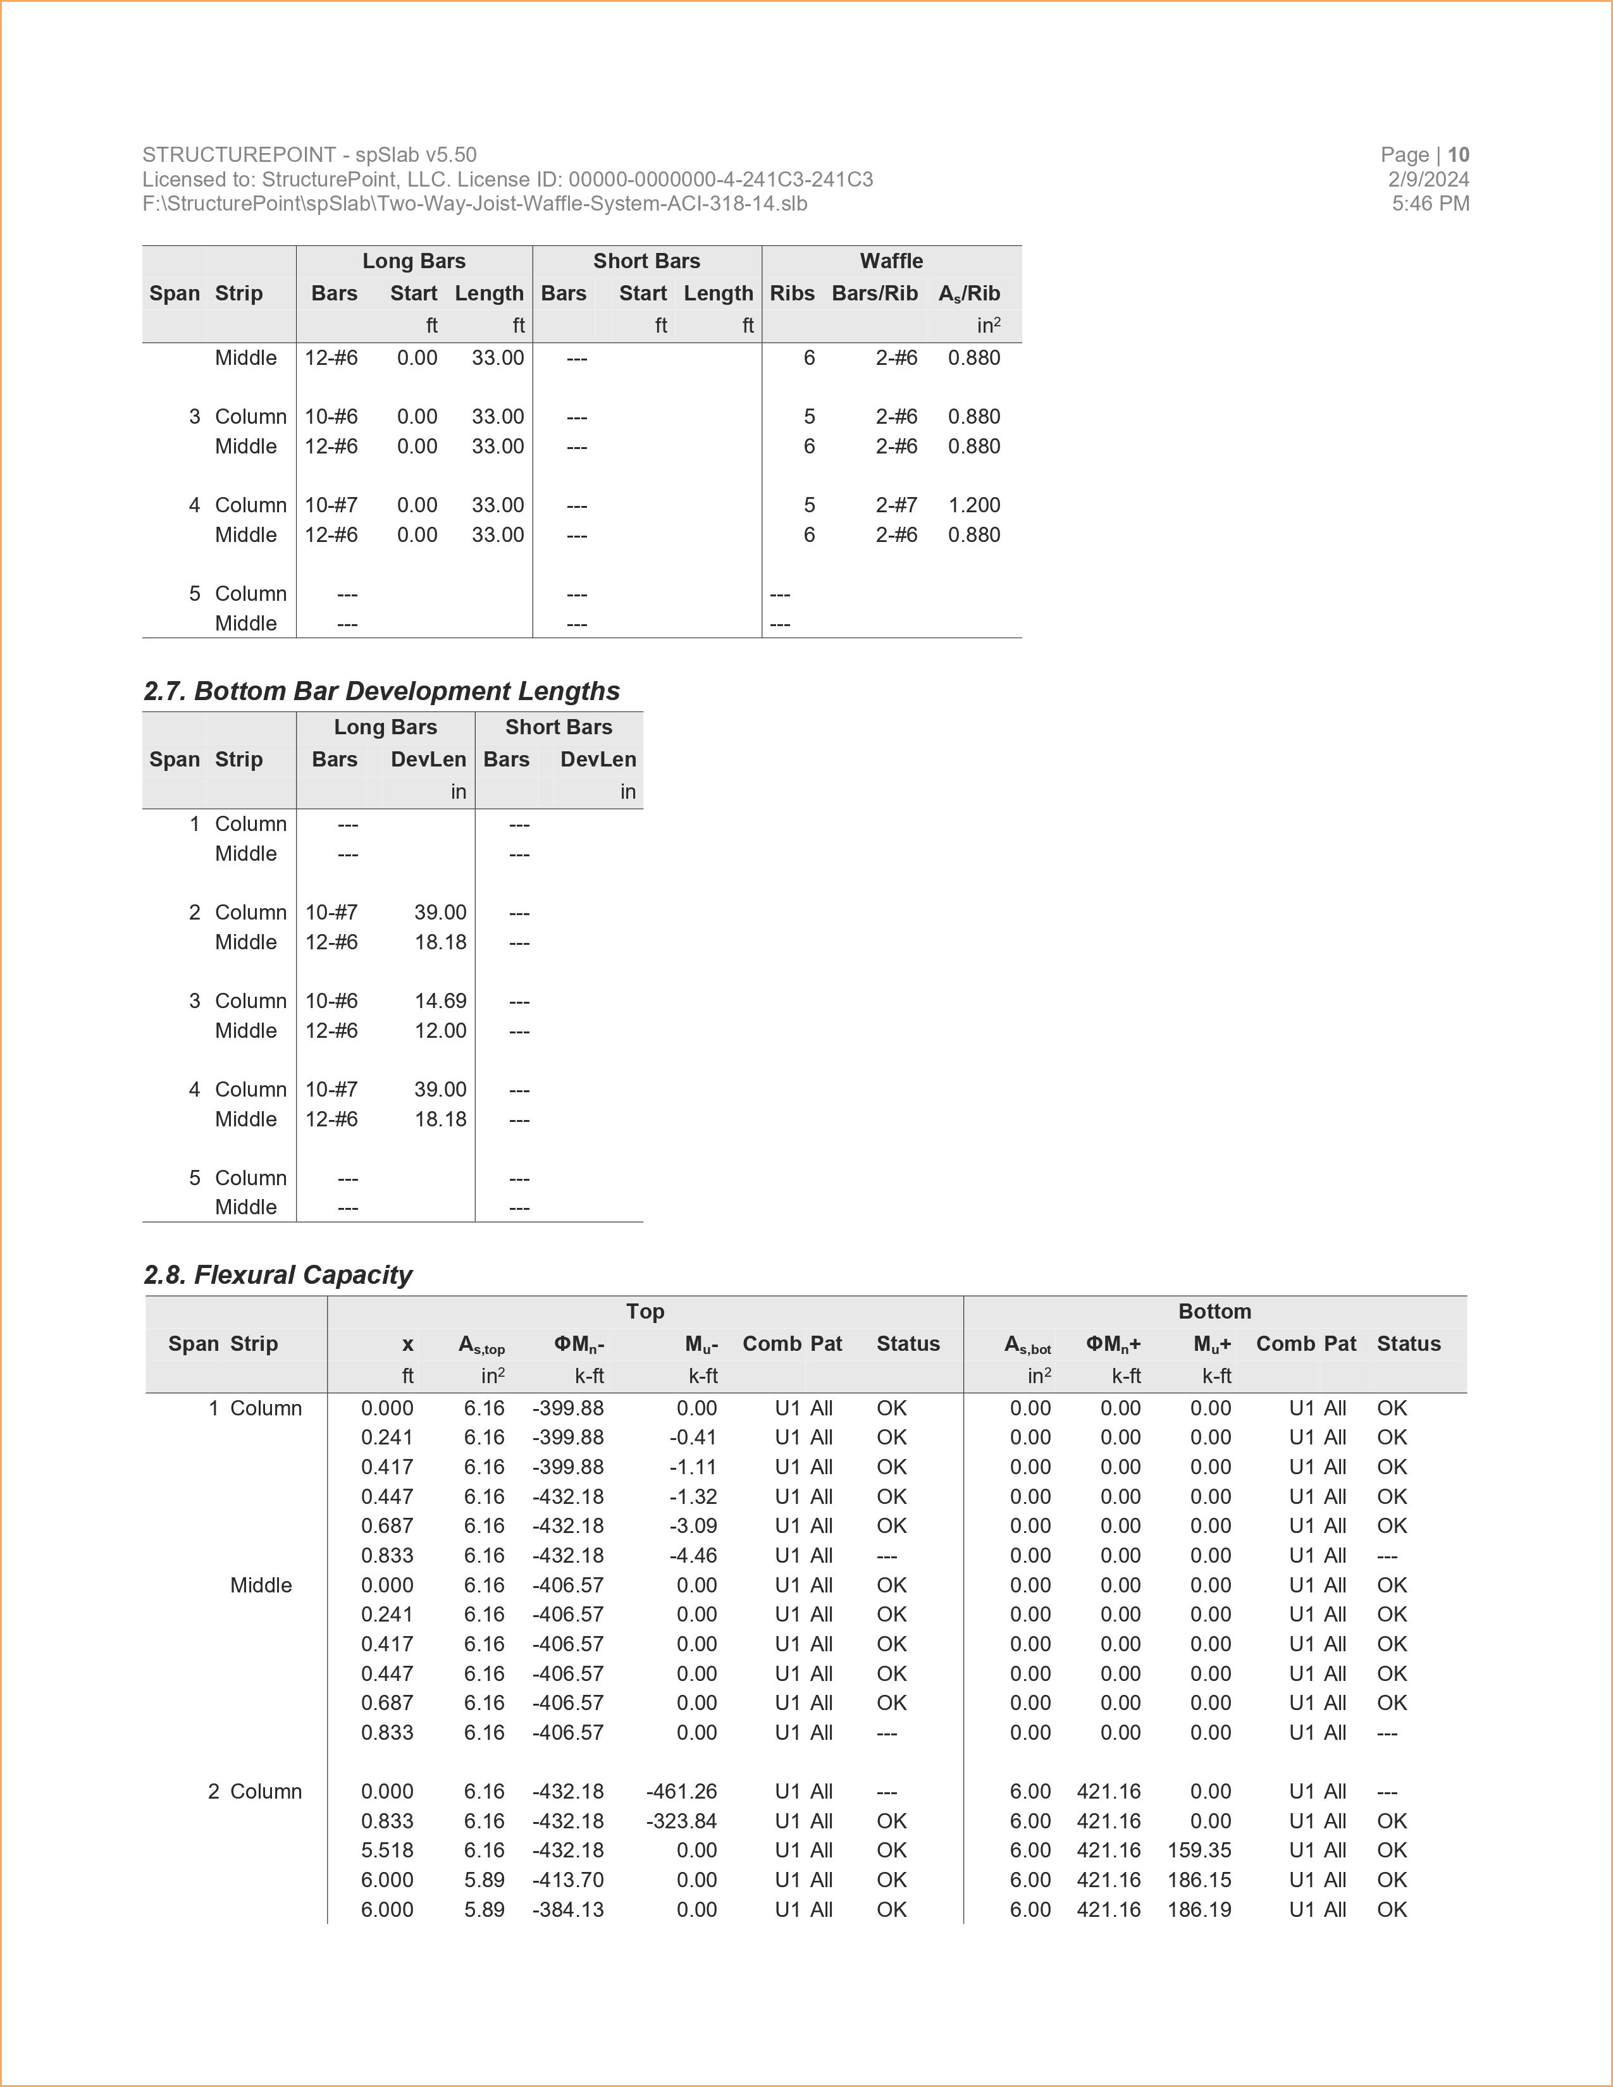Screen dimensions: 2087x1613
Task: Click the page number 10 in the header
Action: point(1458,155)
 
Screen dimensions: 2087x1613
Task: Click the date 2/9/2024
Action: point(1428,180)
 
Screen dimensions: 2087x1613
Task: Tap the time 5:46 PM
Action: point(1430,204)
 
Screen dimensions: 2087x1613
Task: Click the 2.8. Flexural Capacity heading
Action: point(278,1275)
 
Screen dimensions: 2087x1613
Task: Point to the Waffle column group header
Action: point(891,261)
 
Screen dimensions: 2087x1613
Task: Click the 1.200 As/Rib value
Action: point(973,505)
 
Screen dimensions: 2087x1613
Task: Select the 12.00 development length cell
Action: point(440,1030)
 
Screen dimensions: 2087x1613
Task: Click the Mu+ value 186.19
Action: point(1199,1909)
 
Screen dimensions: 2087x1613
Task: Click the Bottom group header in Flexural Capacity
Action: point(1214,1311)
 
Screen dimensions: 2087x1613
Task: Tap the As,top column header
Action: point(481,1345)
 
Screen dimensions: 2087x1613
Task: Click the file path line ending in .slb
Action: point(475,204)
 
